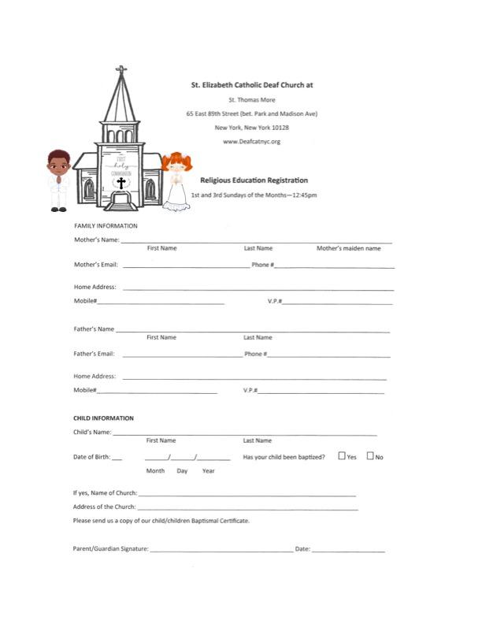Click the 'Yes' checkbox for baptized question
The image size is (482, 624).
pos(342,456)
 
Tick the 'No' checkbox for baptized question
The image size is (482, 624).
pos(370,456)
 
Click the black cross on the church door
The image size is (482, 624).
pos(120,184)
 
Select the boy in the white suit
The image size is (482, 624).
pos(58,180)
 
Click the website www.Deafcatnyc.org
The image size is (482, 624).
pos(252,142)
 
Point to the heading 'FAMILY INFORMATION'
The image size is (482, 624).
pos(106,226)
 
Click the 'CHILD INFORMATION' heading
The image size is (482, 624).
pos(103,418)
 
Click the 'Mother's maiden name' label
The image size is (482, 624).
pos(348,248)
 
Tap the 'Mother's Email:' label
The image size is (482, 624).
pos(96,265)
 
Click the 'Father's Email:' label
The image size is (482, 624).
pos(95,354)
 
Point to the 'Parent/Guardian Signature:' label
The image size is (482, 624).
pos(111,548)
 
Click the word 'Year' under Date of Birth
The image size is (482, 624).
pos(208,471)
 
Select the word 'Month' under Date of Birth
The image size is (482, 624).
pos(156,471)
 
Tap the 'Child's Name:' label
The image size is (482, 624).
pos(93,433)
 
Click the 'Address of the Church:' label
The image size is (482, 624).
pos(104,507)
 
